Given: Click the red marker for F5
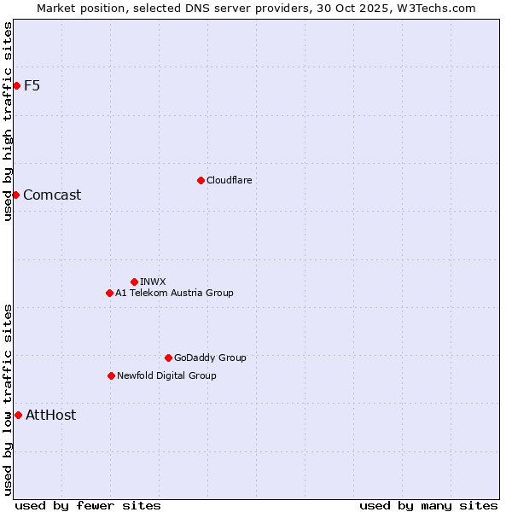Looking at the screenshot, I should (x=16, y=85).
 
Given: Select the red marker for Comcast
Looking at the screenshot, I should (x=15, y=195).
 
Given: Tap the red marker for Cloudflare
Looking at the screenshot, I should (x=201, y=180).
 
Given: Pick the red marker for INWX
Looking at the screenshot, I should (x=134, y=282).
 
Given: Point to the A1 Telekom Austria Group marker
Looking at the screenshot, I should (x=109, y=293).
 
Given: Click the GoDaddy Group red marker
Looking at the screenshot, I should (x=168, y=358).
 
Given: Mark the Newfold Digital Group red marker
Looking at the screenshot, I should (x=111, y=375).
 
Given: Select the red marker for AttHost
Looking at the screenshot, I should (x=18, y=415).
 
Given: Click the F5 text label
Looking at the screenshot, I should (x=32, y=85).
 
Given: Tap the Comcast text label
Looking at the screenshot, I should (x=52, y=195).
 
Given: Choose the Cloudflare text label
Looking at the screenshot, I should (x=230, y=180).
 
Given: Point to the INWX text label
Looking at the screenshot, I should (x=153, y=282).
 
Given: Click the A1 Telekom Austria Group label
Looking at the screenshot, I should (x=174, y=293).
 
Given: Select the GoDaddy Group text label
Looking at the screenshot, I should (x=210, y=358).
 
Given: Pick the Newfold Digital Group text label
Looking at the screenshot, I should (x=166, y=375).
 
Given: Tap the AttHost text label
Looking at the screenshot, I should (x=50, y=415).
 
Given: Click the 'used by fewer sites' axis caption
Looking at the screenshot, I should (x=88, y=506).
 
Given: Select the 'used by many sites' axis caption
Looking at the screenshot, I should (x=428, y=506).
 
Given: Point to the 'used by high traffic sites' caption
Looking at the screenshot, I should (x=9, y=121).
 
